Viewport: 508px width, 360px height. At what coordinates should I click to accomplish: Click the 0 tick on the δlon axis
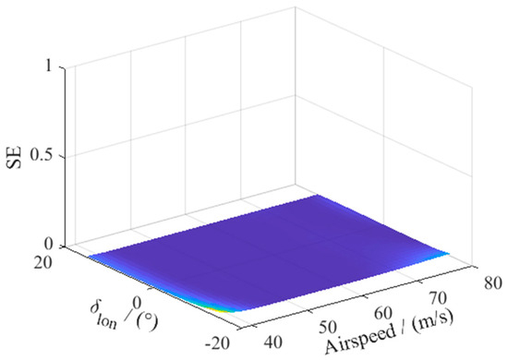point(139,301)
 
